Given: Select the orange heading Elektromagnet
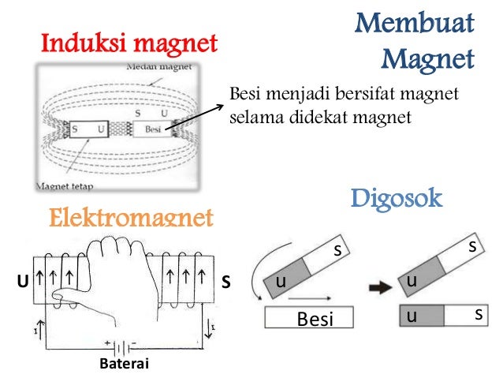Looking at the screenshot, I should [132, 217].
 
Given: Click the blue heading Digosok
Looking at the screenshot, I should [397, 197].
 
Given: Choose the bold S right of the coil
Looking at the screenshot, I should [225, 280].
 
